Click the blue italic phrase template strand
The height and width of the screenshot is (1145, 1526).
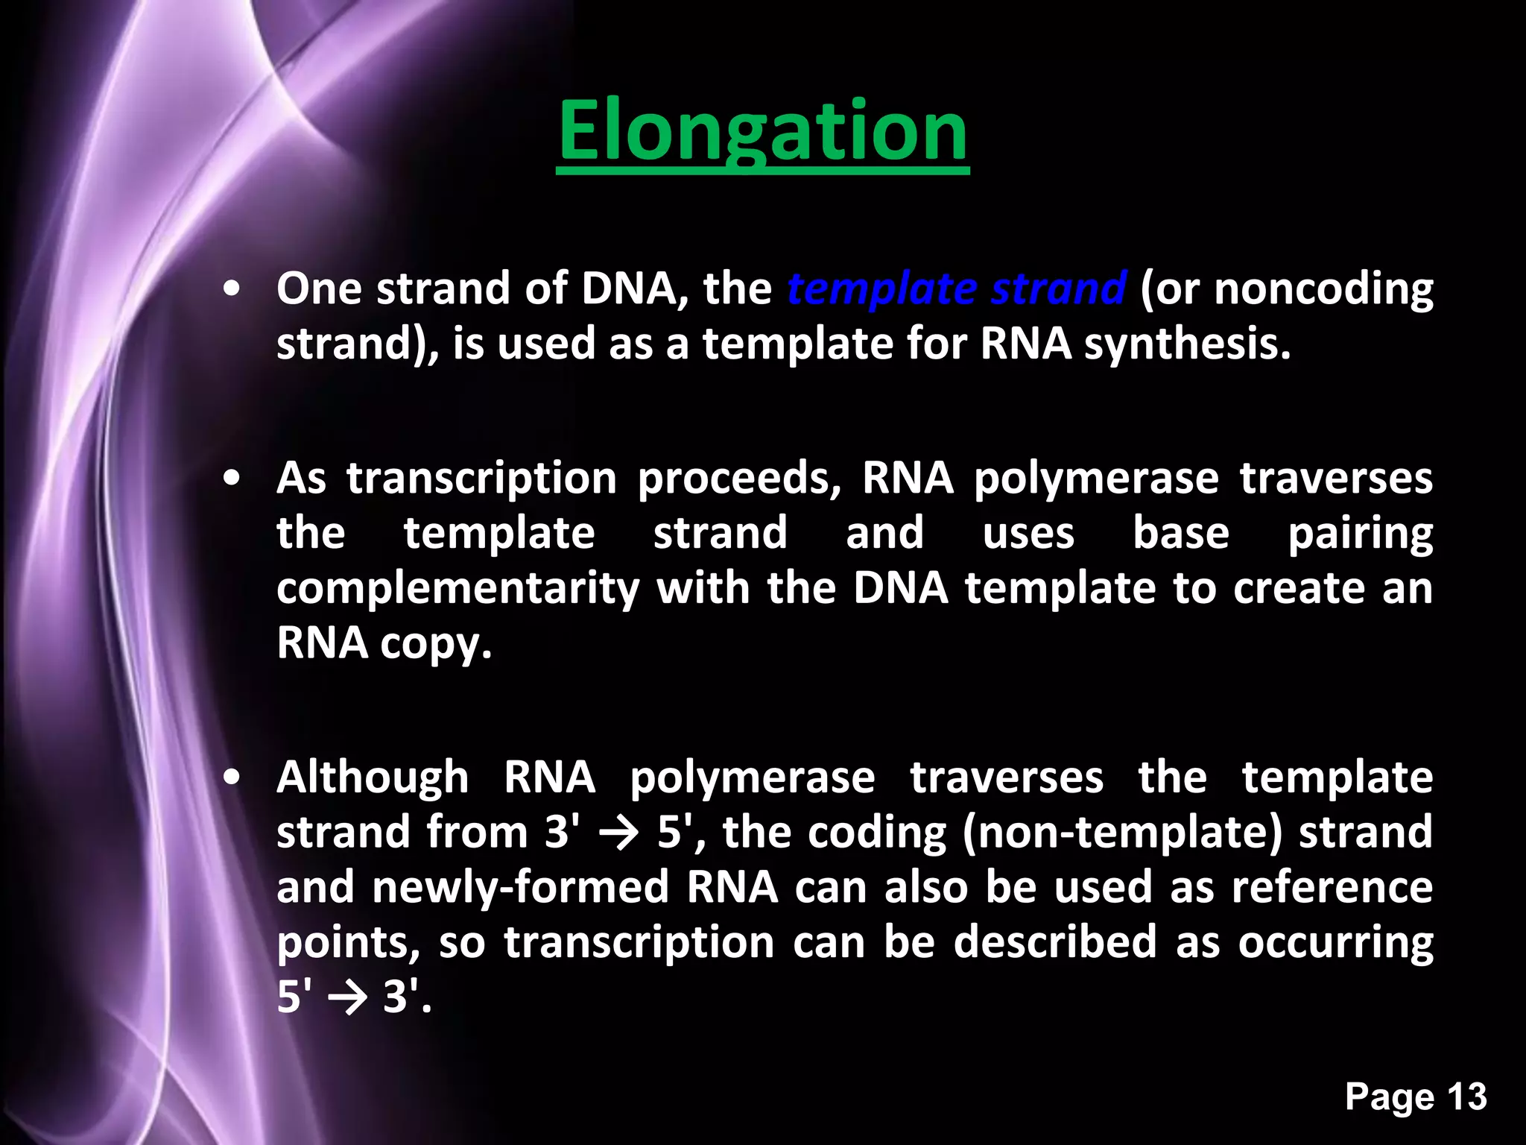[956, 289]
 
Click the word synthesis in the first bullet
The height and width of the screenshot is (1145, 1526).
[1186, 344]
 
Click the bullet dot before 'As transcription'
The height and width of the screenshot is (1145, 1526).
[232, 479]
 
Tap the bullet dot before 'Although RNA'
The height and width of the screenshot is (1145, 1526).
[232, 778]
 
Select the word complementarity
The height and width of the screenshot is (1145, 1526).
[458, 589]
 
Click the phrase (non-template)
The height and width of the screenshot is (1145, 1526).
[1122, 833]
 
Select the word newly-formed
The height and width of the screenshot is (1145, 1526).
[520, 888]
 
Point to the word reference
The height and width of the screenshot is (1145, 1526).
[1332, 888]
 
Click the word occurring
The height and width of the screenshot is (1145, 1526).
[1335, 943]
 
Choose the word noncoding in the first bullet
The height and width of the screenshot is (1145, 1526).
[1323, 289]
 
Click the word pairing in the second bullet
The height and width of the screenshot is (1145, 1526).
[1360, 534]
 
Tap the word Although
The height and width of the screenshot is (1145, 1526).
[373, 777]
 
